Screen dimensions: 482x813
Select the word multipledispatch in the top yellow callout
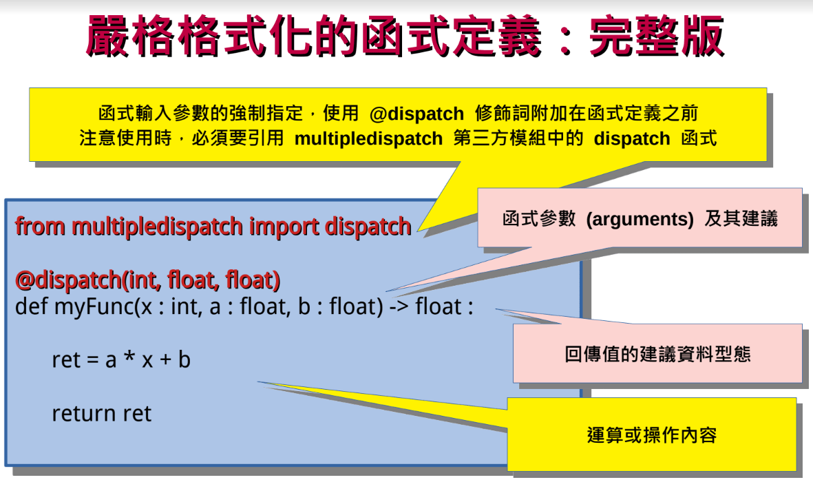[x=368, y=138]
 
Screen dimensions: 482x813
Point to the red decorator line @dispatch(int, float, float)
[x=147, y=280]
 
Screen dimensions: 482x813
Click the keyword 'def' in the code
[x=31, y=306]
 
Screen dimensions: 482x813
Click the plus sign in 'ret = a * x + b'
[x=165, y=359]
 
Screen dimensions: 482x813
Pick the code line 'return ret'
[x=101, y=413]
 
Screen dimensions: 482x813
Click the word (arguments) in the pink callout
[x=640, y=220]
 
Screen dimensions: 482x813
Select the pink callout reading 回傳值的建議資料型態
[x=657, y=354]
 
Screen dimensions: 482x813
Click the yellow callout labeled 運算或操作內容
[x=651, y=435]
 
